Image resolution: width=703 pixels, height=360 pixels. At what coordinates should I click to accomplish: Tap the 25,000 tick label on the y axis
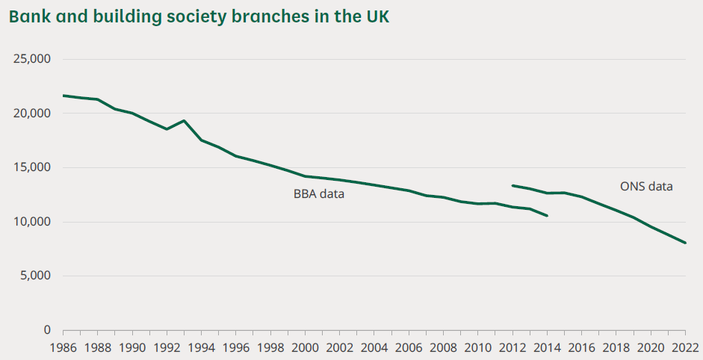(x=32, y=59)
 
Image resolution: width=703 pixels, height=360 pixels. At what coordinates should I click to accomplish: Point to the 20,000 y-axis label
(x=32, y=114)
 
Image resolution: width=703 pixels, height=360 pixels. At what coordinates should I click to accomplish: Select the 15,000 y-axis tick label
(x=32, y=167)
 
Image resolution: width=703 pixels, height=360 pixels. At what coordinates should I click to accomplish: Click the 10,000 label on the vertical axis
(x=32, y=222)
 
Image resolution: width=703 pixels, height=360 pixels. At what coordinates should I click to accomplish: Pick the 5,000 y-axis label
(x=35, y=276)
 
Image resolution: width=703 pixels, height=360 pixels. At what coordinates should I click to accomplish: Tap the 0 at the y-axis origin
(x=47, y=330)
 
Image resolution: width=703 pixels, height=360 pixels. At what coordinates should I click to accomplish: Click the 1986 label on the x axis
(x=63, y=347)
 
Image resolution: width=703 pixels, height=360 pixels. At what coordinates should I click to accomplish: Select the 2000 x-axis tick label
(x=305, y=347)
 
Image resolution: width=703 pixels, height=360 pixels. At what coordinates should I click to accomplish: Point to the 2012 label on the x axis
(x=512, y=347)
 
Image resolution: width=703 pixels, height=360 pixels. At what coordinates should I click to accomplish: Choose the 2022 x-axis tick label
(x=685, y=347)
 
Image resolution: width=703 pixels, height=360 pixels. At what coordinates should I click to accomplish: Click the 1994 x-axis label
(x=201, y=347)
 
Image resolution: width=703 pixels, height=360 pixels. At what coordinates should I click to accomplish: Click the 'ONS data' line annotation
(x=646, y=187)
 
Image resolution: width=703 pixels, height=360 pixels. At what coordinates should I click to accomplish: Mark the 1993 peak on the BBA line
(x=184, y=121)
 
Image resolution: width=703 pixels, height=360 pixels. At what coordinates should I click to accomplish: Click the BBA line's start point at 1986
(x=64, y=96)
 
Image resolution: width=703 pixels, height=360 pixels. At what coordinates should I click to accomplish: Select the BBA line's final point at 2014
(x=547, y=216)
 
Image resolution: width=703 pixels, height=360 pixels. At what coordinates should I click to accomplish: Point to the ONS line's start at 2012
(x=512, y=185)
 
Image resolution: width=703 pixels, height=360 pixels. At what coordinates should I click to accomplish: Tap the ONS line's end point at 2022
(x=685, y=243)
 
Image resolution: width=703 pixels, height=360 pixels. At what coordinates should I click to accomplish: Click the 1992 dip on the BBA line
(x=167, y=129)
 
